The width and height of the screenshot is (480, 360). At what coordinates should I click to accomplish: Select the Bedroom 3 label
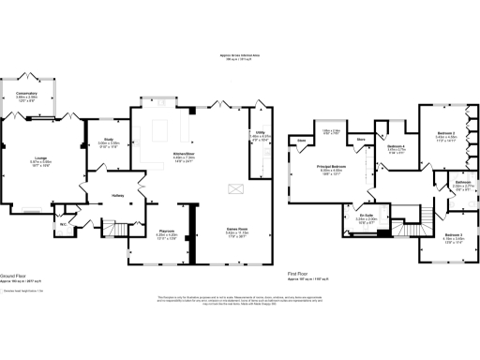tap(454, 233)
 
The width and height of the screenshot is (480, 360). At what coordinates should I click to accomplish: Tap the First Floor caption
tap(298, 276)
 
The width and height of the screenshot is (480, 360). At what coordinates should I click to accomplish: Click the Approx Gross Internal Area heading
tap(240, 55)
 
